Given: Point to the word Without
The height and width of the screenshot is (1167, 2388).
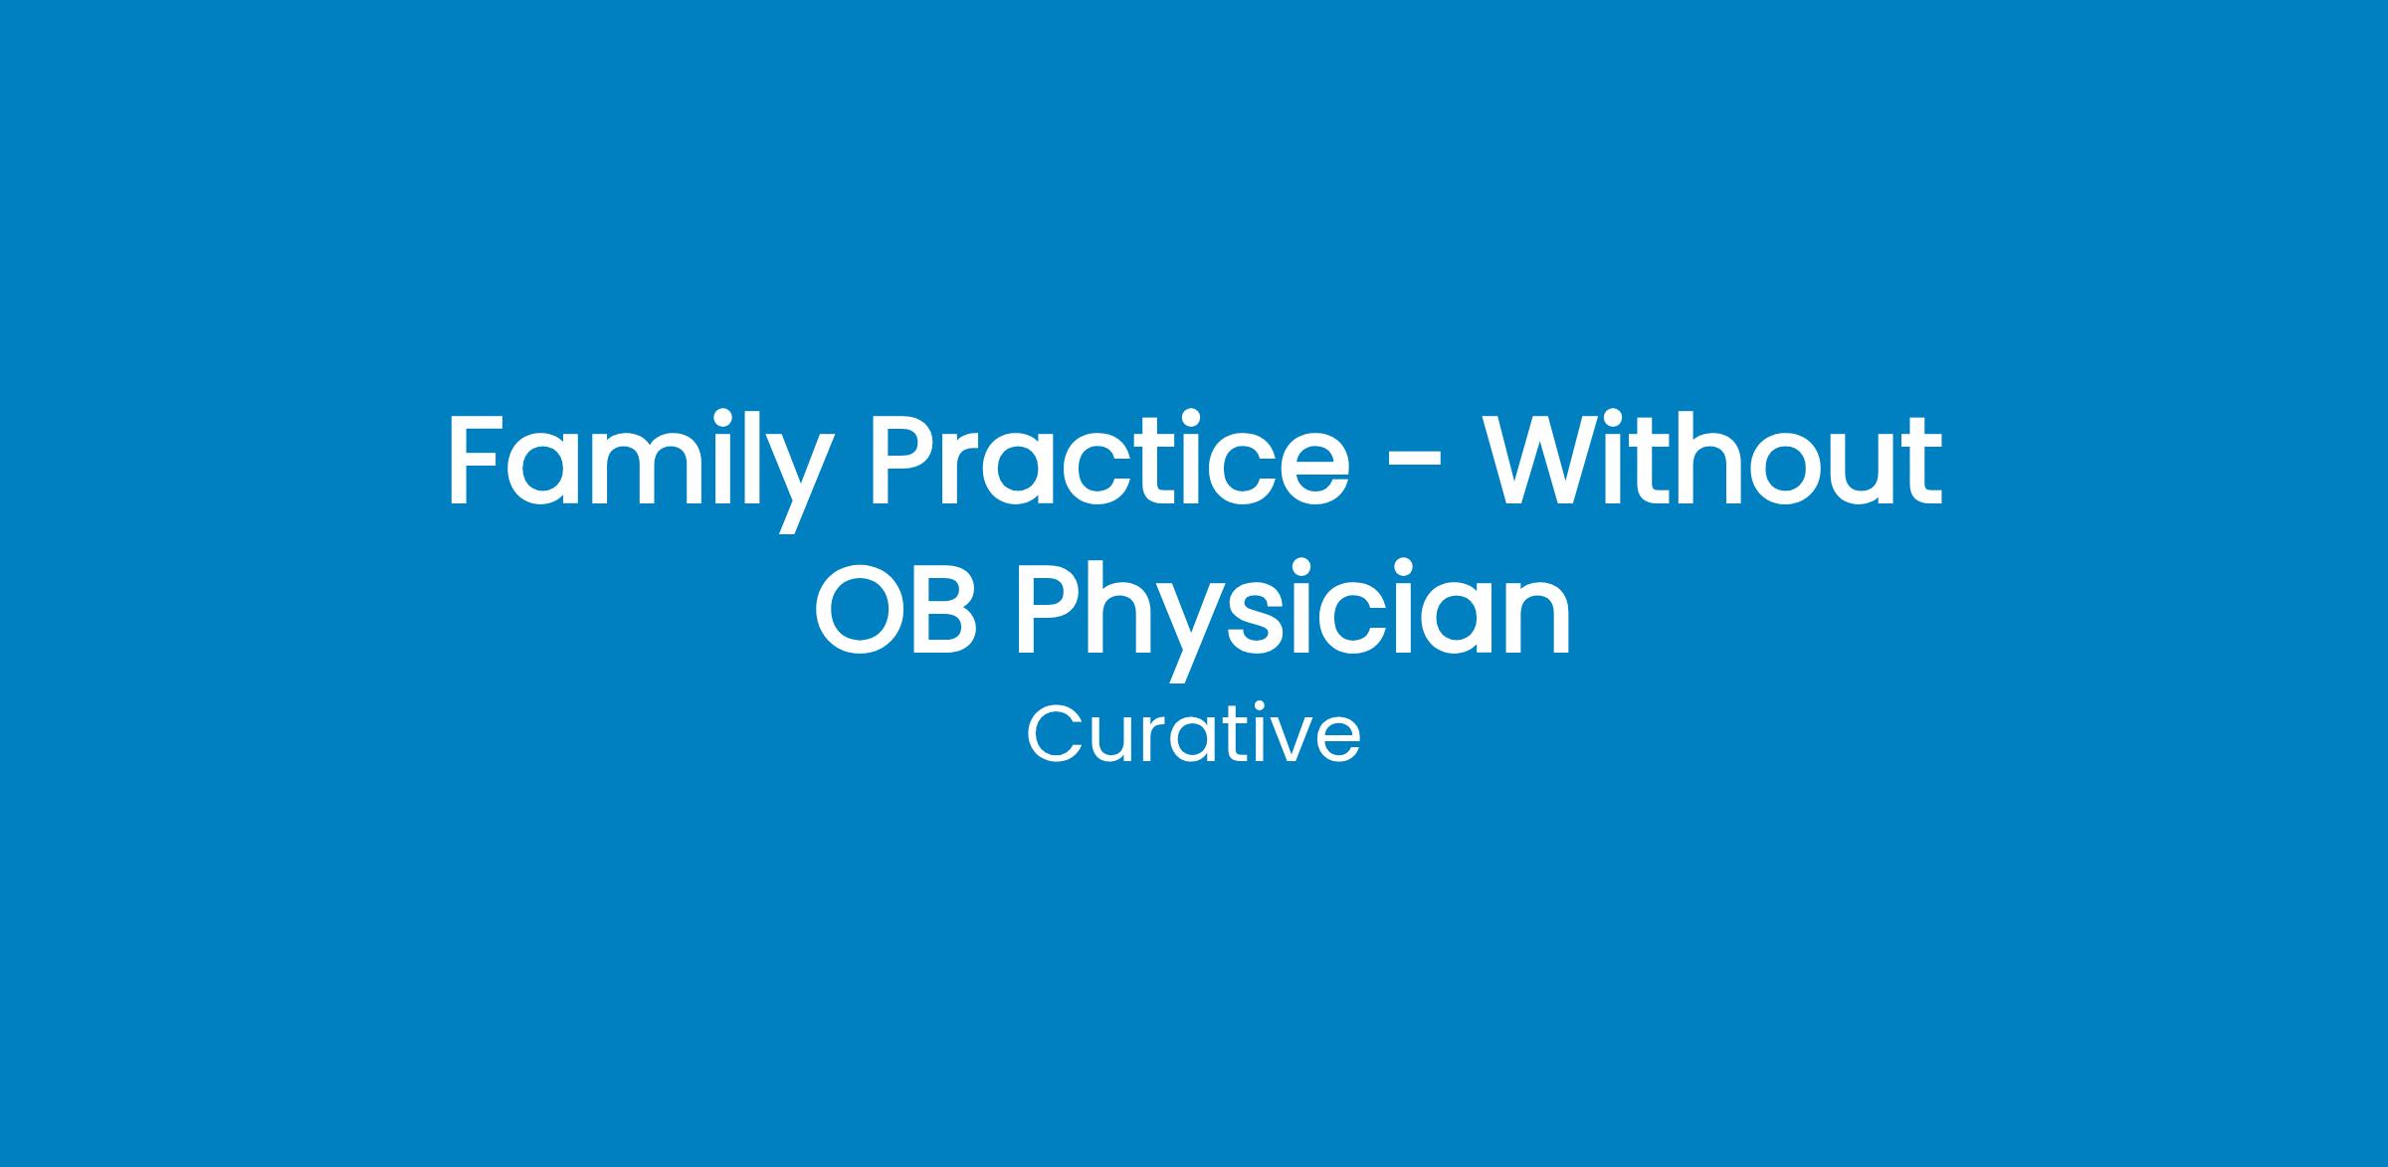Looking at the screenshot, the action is [x=1712, y=458].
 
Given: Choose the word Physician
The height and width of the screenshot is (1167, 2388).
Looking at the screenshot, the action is [x=1294, y=620].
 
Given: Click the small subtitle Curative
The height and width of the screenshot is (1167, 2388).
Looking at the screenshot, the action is [x=1193, y=735].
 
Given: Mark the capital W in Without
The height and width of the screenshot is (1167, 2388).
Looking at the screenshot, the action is [x=1547, y=458].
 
